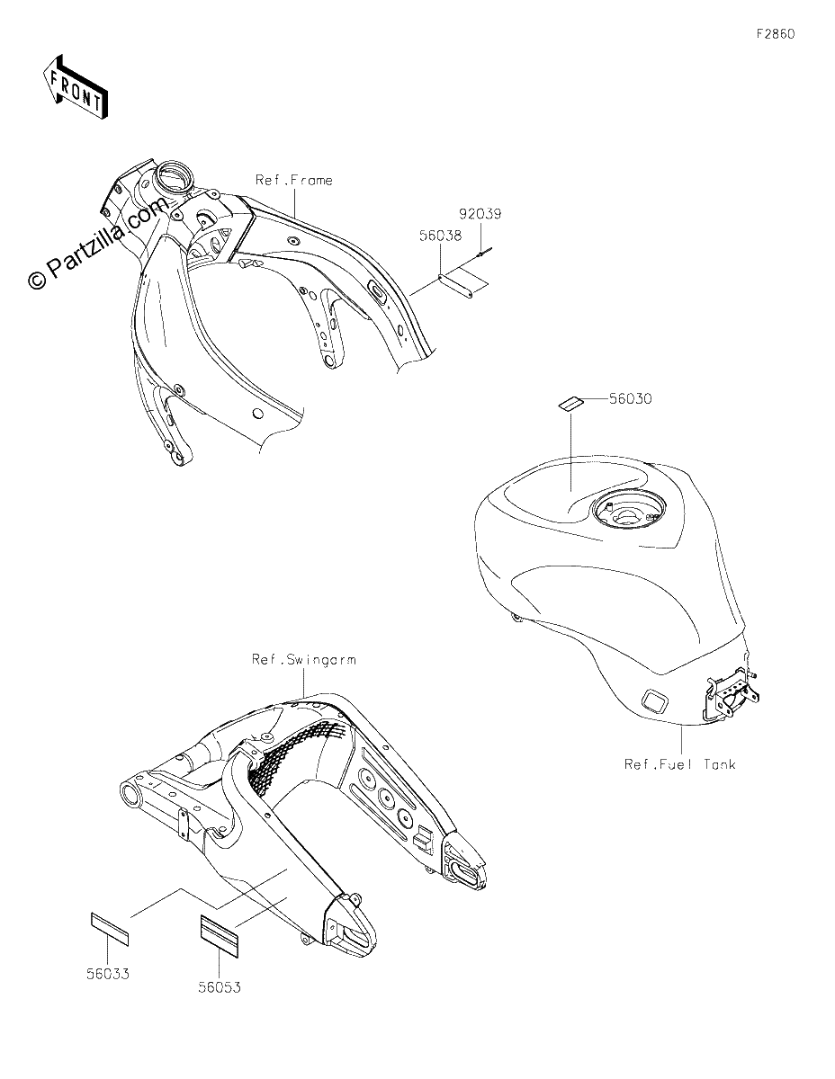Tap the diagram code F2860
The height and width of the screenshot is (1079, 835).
pos(776,34)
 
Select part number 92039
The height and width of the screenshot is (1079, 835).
pos(480,213)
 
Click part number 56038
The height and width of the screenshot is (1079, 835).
pos(440,235)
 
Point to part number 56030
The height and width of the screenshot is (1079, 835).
pos(631,398)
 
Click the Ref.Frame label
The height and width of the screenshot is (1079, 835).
pos(293,180)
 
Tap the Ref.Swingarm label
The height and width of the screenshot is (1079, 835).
pos(303,659)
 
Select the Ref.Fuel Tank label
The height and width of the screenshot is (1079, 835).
pos(679,763)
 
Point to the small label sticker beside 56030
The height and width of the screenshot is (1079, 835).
pos(570,403)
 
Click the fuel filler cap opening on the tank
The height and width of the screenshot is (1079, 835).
pos(628,511)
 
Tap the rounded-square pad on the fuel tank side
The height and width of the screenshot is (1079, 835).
pos(655,700)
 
